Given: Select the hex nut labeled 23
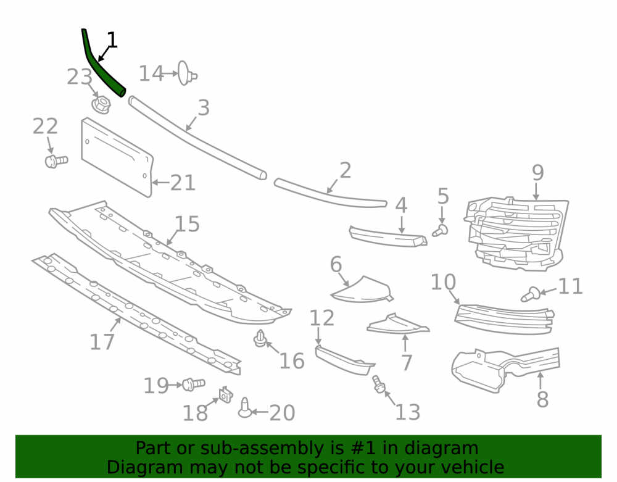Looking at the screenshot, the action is click(x=101, y=105).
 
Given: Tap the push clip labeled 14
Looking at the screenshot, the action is click(x=186, y=73).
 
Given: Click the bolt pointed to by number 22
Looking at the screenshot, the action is click(x=56, y=161).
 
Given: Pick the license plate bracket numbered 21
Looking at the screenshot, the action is click(x=117, y=157).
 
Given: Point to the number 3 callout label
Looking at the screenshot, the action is click(x=204, y=107).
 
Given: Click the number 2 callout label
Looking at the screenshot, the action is click(x=345, y=170).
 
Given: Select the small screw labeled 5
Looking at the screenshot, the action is click(x=441, y=230).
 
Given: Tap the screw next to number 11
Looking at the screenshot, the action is click(x=530, y=294).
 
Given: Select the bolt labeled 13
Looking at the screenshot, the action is click(x=378, y=384).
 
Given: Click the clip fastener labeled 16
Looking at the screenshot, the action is click(x=259, y=338).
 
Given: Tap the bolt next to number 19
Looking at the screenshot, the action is click(x=193, y=384).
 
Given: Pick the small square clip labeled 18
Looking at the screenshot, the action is click(x=225, y=394).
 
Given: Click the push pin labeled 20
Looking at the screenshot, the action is click(x=245, y=408).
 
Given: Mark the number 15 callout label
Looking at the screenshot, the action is click(x=187, y=224).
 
